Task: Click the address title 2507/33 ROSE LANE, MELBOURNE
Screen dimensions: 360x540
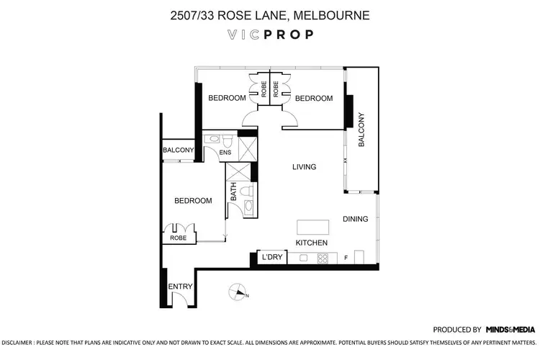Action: pos(270,14)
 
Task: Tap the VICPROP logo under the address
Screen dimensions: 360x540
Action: pos(270,34)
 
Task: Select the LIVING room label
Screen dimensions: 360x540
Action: pos(304,167)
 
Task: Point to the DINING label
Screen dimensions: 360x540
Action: pos(355,220)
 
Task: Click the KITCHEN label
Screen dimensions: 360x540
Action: pos(312,243)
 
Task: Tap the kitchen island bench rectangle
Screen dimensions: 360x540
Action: pos(315,227)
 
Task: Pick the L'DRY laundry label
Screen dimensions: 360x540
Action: pos(273,257)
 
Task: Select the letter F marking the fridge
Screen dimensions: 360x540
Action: pos(346,258)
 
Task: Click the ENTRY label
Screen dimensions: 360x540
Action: pos(180,287)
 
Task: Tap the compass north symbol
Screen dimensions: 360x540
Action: pos(236,292)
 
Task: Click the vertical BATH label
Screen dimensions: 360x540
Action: pos(233,192)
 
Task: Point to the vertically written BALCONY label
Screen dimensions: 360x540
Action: pos(361,130)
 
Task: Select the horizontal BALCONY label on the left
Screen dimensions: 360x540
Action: pos(178,150)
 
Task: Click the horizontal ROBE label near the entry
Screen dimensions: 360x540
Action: pos(178,238)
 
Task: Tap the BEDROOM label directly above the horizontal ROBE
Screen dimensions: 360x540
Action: pos(194,201)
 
